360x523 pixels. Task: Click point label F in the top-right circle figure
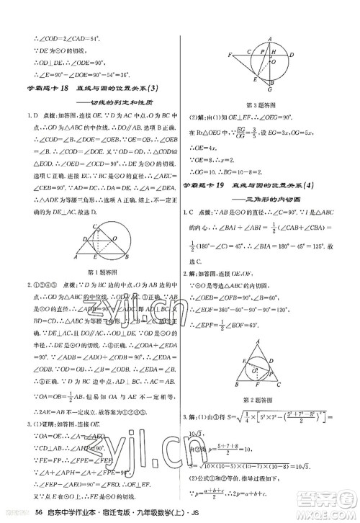(x=229, y=53)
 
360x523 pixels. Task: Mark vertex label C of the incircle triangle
(x=288, y=389)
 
